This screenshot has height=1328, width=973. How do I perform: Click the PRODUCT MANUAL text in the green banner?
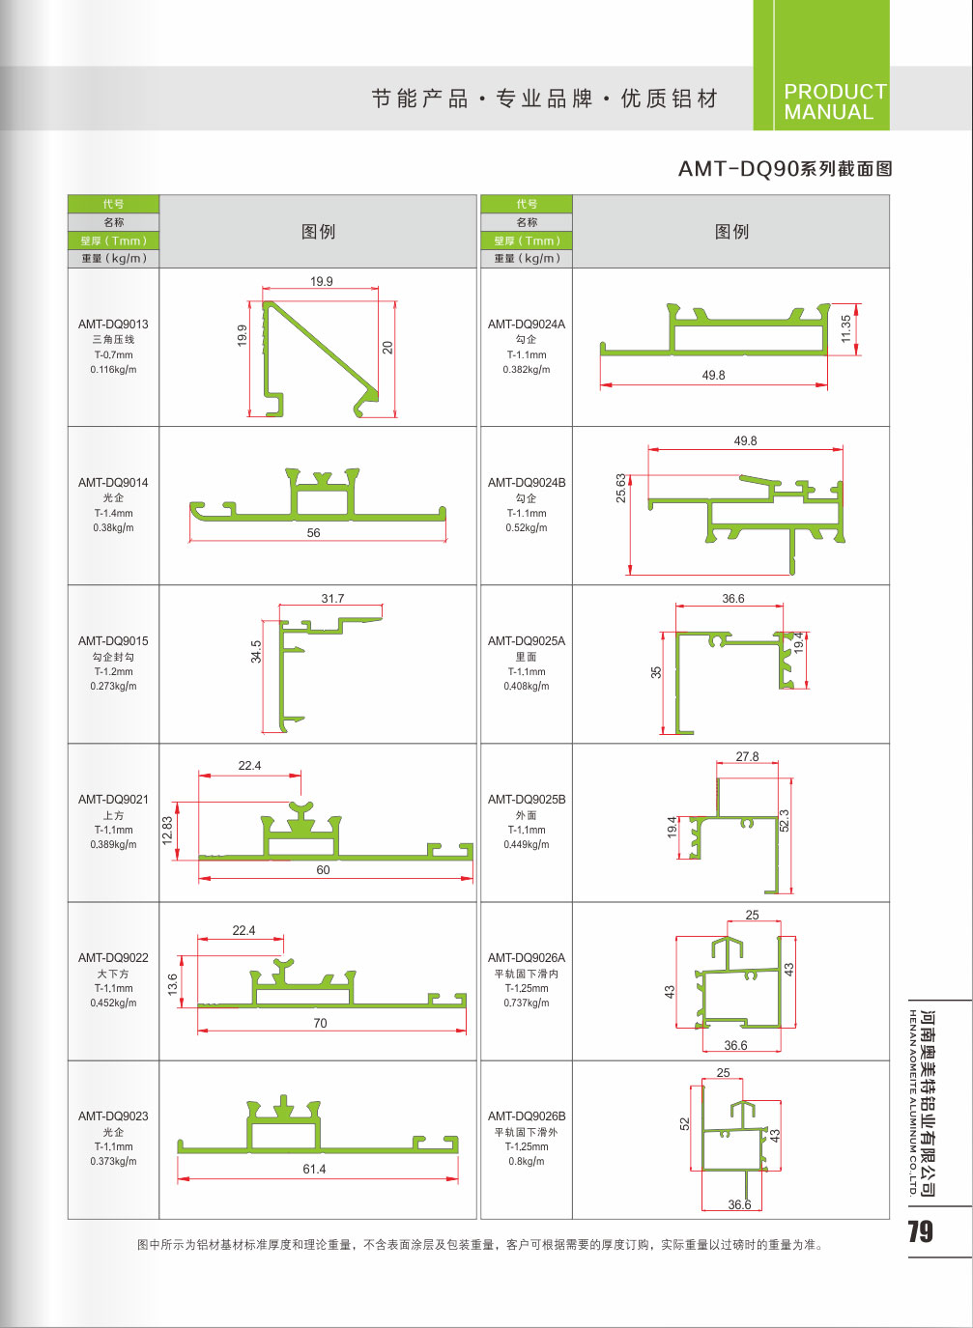[x=836, y=101]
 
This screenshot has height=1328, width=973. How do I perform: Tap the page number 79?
[x=920, y=1231]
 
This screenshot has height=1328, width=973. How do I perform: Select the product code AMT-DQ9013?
[x=113, y=325]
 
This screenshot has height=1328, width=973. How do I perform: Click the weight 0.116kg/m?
[x=113, y=369]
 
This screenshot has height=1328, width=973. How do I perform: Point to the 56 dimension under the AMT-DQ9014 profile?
[x=313, y=533]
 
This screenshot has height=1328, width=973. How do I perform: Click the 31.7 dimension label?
[x=332, y=599]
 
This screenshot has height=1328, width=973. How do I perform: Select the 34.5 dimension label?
[x=256, y=651]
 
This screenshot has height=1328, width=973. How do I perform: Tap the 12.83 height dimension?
[x=167, y=830]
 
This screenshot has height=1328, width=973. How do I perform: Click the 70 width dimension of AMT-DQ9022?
[x=320, y=1023]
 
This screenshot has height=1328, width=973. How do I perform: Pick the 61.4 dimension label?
[x=314, y=1169]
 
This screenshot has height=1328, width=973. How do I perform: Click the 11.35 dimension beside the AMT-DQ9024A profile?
[x=846, y=328]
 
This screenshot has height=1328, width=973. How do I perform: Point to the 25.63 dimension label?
[x=620, y=488]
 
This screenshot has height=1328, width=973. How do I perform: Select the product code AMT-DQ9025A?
[x=527, y=641]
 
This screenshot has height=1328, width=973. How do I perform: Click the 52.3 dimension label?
[x=784, y=821]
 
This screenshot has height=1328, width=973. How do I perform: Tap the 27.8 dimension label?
[x=747, y=756]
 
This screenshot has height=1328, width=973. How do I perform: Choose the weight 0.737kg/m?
[x=527, y=1003]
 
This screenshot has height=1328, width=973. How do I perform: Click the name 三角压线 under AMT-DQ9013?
[x=113, y=339]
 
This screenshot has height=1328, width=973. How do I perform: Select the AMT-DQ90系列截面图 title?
[x=785, y=169]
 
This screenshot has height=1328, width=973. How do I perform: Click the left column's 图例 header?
[x=318, y=231]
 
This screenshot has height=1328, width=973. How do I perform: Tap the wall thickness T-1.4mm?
[x=113, y=514]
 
